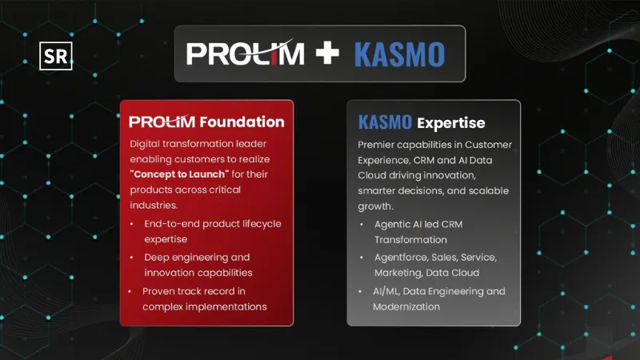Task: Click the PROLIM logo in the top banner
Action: [x=246, y=54]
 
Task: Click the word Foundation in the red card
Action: [x=242, y=122]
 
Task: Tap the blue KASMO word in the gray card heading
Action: [x=385, y=123]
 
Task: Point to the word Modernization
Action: [x=406, y=307]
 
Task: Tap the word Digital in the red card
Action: [x=146, y=144]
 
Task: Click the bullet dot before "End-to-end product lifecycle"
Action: [x=131, y=224]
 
